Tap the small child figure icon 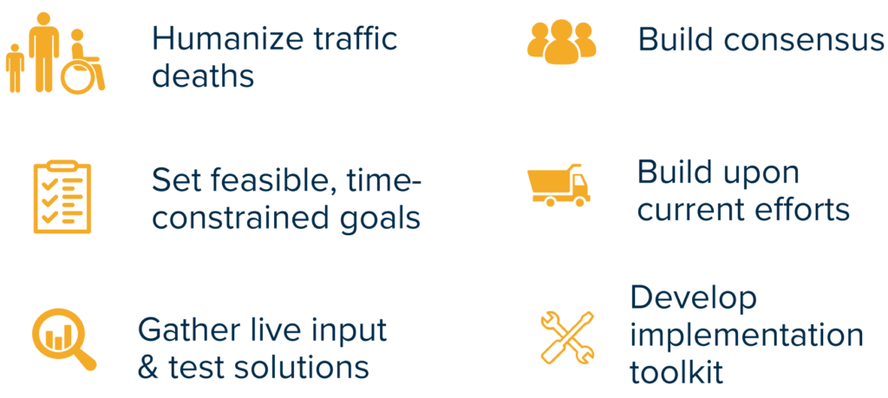[15, 68]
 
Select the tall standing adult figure [43, 51]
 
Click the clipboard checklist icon [62, 197]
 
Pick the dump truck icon [558, 186]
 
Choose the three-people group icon [561, 42]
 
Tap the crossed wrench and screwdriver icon [567, 336]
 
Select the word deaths [203, 75]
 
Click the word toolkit [676, 373]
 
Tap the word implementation [747, 336]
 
